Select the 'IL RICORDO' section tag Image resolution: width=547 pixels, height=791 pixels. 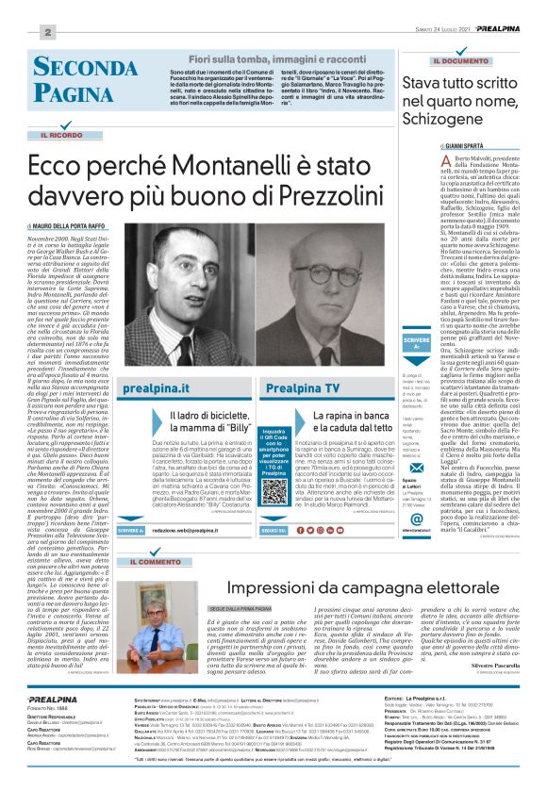pyautogui.click(x=63, y=137)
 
